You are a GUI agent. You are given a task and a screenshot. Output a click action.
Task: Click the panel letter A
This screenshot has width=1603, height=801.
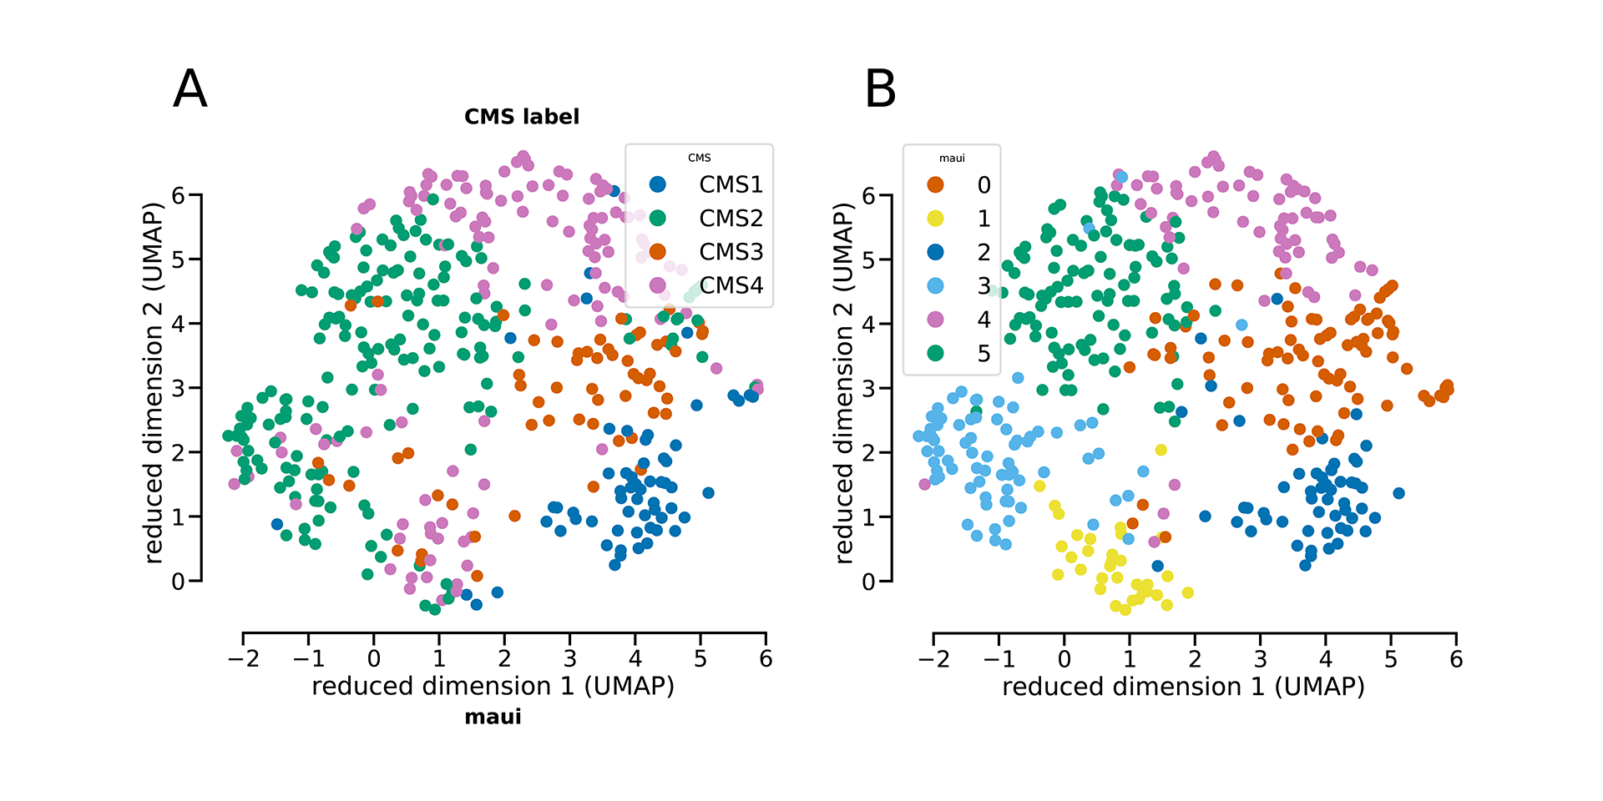click(x=190, y=88)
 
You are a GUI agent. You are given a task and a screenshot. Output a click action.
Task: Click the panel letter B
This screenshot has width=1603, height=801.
click(x=880, y=88)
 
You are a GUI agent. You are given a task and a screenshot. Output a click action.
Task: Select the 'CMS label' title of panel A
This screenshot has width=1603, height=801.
click(x=522, y=117)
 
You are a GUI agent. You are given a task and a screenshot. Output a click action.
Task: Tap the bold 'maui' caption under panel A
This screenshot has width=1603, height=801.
click(x=493, y=717)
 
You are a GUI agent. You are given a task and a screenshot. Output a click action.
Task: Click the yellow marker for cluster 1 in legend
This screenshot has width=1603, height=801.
click(x=935, y=219)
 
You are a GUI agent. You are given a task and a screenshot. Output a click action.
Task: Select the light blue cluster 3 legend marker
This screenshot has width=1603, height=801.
click(x=935, y=285)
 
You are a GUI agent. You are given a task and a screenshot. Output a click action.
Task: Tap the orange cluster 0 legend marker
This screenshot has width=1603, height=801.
click(x=935, y=184)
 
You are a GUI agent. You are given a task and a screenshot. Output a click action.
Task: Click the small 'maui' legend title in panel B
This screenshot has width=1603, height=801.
click(x=952, y=158)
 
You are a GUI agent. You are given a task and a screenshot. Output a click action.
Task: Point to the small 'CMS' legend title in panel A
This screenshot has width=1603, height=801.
click(x=700, y=158)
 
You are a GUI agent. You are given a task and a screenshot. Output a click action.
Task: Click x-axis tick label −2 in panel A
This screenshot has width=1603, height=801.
click(x=243, y=658)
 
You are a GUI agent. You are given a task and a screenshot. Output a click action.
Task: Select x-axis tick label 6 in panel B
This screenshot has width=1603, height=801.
click(x=1456, y=659)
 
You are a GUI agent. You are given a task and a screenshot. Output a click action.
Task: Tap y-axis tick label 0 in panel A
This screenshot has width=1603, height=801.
click(x=178, y=582)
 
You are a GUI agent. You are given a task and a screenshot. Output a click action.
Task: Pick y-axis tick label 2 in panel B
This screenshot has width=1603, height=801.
click(x=868, y=453)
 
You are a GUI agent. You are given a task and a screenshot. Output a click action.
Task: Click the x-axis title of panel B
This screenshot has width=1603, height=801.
click(x=1183, y=687)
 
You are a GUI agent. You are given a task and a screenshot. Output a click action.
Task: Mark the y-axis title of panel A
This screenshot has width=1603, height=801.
click(x=153, y=382)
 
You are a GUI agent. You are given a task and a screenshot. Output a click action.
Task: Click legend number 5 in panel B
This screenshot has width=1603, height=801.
click(x=984, y=353)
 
